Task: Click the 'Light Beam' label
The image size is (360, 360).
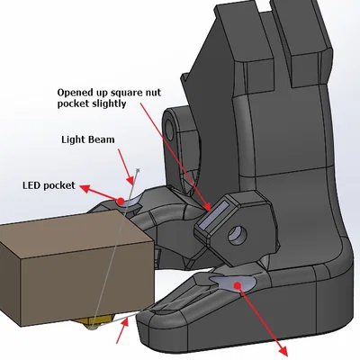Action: pos(88,139)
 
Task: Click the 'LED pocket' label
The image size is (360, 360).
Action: pos(49,185)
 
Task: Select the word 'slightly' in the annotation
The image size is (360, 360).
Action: pos(108,103)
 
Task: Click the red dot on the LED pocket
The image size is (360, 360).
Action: pos(121,201)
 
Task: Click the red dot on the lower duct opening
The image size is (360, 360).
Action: pos(238,285)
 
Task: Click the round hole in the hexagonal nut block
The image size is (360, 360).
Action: pos(238,235)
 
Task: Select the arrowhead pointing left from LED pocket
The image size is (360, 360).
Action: pos(85,189)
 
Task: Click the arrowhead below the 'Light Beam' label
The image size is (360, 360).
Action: pos(130,180)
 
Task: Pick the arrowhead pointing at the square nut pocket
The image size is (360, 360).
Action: pos(207,206)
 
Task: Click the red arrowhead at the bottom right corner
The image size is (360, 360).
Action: pos(283,352)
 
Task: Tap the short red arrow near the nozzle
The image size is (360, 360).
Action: pos(122,330)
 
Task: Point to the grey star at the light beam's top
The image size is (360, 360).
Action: pos(138,170)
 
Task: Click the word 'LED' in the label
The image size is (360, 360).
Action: pos(31,185)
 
